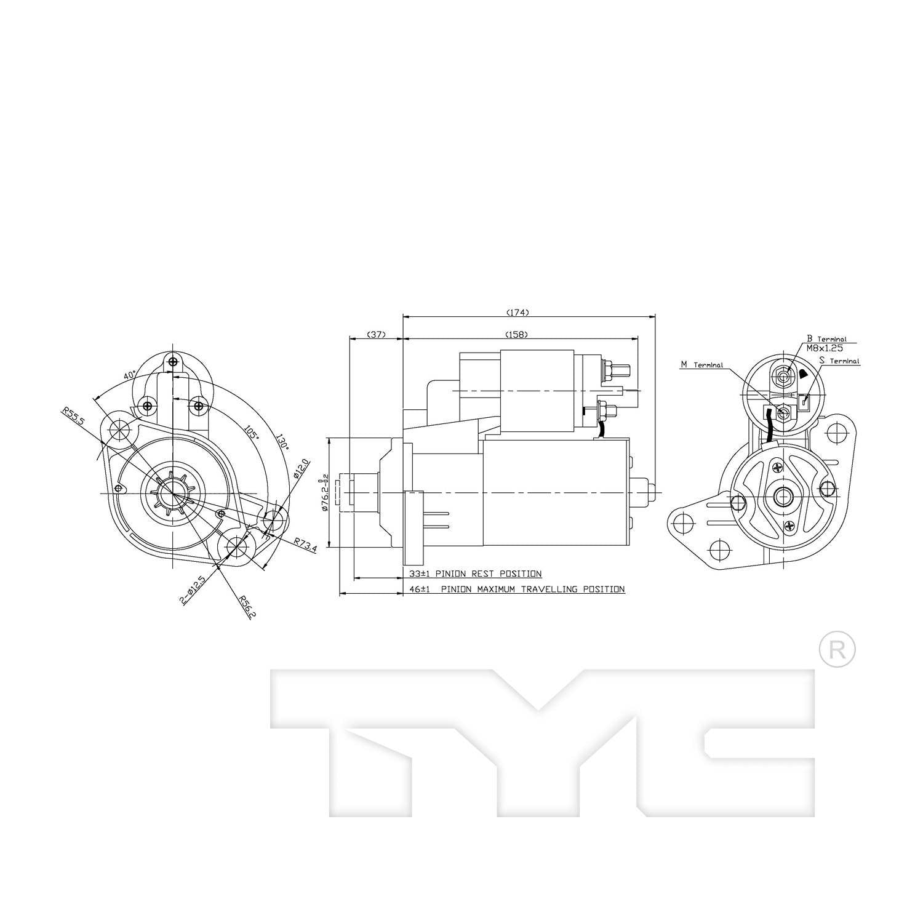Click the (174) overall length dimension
pyautogui.click(x=517, y=313)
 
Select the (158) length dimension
pyautogui.click(x=516, y=335)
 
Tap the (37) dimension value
pyautogui.click(x=375, y=335)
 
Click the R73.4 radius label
pyautogui.click(x=305, y=544)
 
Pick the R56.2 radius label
pyautogui.click(x=247, y=605)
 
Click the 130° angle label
pyautogui.click(x=282, y=443)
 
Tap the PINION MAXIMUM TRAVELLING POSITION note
pyautogui.click(x=532, y=589)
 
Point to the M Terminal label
pyautogui.click(x=701, y=365)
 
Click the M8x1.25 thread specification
pyautogui.click(x=824, y=348)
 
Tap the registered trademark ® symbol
pyautogui.click(x=837, y=649)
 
